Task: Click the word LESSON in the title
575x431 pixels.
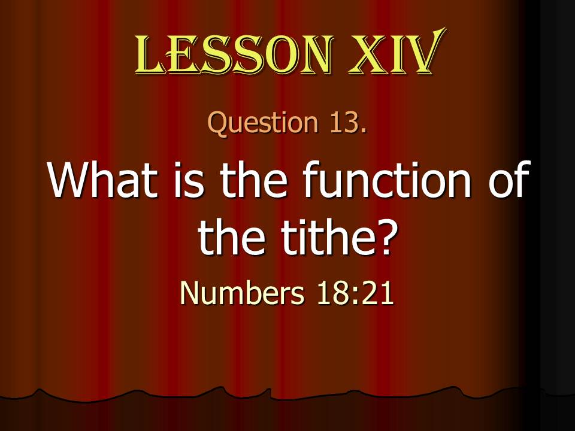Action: pyautogui.click(x=234, y=53)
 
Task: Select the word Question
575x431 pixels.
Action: pyautogui.click(x=263, y=123)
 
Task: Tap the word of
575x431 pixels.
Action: pyautogui.click(x=509, y=179)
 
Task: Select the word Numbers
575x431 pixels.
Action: pyautogui.click(x=243, y=293)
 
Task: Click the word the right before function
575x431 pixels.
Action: pyautogui.click(x=253, y=180)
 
